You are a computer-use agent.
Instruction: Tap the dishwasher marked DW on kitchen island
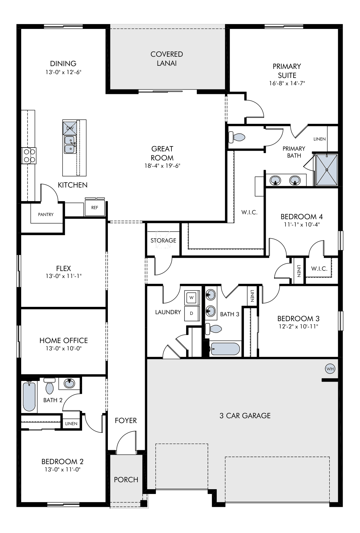click(70, 128)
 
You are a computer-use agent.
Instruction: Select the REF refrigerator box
click(95, 207)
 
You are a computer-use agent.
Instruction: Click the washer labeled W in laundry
click(192, 297)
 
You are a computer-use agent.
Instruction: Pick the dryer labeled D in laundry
click(192, 313)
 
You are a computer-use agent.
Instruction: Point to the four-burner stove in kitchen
click(29, 156)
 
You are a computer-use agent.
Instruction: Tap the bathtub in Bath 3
click(225, 349)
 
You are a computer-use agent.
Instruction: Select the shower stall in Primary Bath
click(327, 170)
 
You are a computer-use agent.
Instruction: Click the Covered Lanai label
click(167, 58)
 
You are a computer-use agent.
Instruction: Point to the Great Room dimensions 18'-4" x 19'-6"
click(162, 166)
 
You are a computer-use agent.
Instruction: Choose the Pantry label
click(46, 214)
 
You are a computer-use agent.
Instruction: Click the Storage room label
click(163, 240)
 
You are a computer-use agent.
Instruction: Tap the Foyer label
click(126, 421)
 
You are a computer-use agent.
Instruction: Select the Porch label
click(126, 479)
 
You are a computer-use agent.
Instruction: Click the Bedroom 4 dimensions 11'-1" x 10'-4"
click(302, 224)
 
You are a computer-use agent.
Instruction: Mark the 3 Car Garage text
click(245, 415)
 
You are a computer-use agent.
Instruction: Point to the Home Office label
click(64, 341)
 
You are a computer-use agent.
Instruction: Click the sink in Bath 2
click(69, 383)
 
